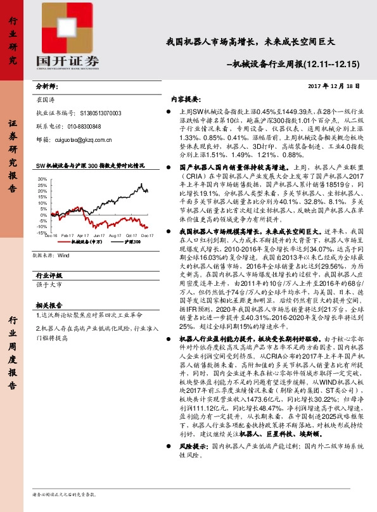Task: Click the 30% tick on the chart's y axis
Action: point(42,179)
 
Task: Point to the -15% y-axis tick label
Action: point(41,233)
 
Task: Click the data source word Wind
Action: point(63,256)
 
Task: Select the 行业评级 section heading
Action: point(49,276)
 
